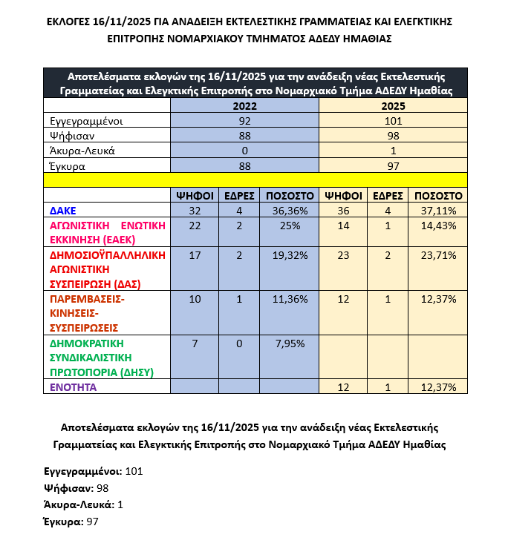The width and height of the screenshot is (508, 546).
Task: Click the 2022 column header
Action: (244, 106)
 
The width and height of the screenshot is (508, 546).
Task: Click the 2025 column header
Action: (393, 106)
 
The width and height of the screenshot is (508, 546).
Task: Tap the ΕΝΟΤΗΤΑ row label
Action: (74, 387)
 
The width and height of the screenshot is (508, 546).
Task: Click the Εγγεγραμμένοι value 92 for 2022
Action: (244, 121)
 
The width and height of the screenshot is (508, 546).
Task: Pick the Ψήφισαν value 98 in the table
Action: (393, 136)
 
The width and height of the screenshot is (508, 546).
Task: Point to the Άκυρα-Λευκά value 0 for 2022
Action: (244, 151)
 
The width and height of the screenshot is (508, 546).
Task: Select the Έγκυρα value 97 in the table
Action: (393, 165)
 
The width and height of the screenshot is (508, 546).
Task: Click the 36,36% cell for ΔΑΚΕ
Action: (290, 210)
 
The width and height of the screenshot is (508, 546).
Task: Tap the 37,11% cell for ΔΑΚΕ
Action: (438, 210)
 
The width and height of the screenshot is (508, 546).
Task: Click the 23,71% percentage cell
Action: (438, 254)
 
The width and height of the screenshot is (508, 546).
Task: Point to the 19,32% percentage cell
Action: (290, 254)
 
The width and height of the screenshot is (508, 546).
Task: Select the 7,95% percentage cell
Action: (290, 343)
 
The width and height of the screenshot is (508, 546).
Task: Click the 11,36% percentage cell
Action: (290, 299)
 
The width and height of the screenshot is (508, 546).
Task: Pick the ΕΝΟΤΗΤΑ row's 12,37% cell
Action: (438, 387)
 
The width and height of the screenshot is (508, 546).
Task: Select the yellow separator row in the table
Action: (255, 180)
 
